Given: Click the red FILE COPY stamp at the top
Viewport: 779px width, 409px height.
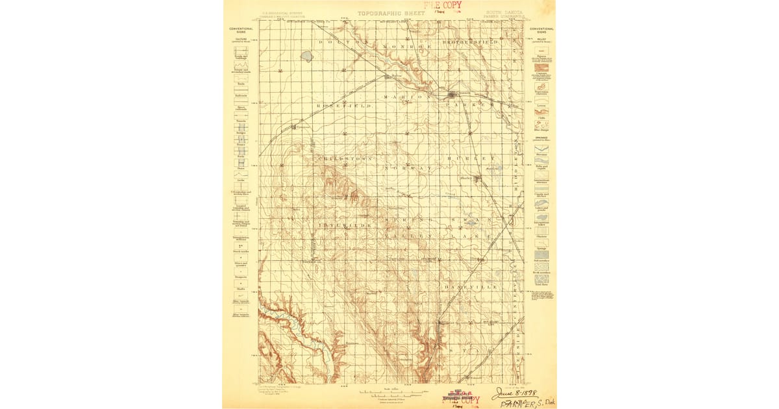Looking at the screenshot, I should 443,5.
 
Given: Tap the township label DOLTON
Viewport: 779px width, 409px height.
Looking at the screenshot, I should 343,42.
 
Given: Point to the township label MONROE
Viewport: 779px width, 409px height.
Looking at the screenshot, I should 407,47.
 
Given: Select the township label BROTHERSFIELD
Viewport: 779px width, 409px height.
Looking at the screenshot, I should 471,42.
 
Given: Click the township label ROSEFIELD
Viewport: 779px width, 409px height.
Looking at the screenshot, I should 343,105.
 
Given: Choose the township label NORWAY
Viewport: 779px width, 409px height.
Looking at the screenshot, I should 407,167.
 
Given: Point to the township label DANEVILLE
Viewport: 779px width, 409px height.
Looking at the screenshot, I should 472,286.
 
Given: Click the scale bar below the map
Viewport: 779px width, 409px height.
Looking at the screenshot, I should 389,393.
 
